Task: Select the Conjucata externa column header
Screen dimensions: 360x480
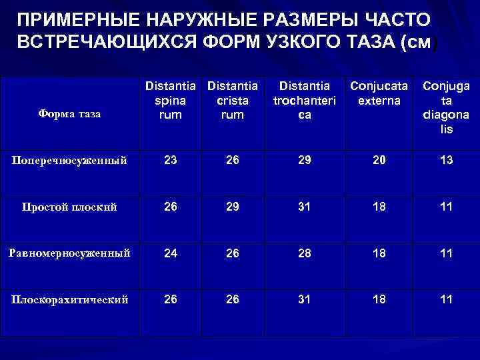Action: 379,93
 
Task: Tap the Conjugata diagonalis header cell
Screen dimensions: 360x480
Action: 446,106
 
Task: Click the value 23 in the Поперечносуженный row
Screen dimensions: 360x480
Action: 170,161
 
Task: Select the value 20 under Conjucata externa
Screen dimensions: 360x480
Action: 379,161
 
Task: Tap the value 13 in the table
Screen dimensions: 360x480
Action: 445,161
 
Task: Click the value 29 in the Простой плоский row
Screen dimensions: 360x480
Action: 232,206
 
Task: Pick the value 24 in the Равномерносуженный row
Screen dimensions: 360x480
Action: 170,253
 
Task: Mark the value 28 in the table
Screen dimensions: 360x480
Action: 305,253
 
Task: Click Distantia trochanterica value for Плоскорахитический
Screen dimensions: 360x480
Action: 305,299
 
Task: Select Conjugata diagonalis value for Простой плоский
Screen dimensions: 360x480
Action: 445,206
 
